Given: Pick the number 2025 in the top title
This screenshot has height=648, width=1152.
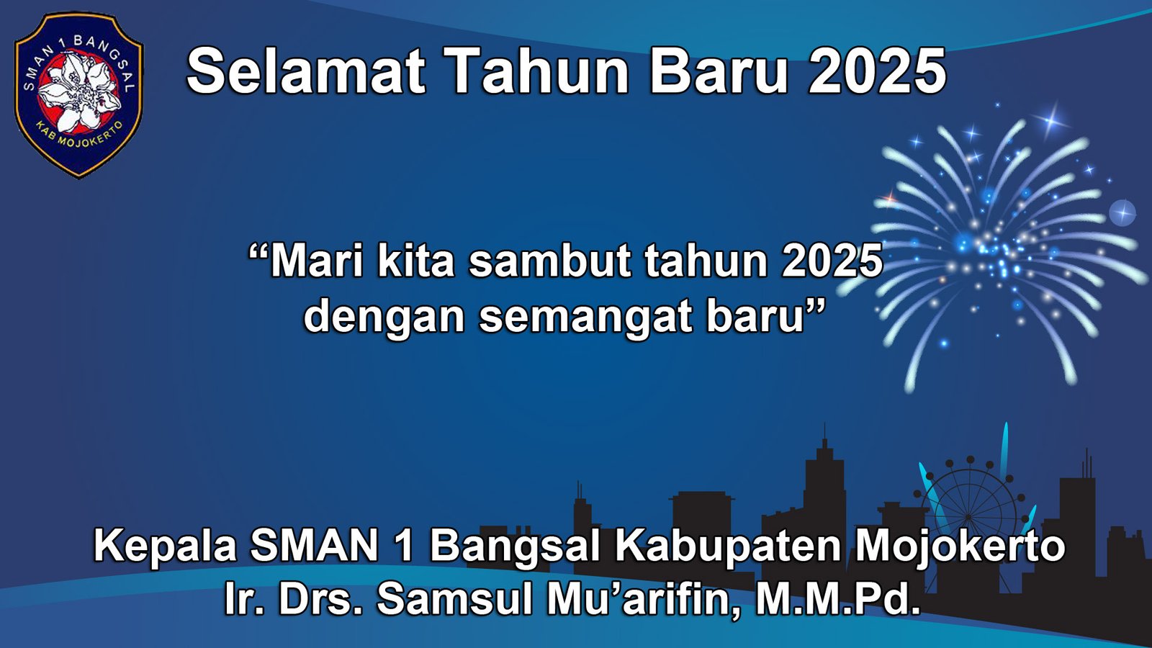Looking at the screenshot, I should tap(877, 71).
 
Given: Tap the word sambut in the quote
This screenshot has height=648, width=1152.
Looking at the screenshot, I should tap(551, 261).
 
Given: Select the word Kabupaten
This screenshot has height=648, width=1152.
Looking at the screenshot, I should tap(728, 545).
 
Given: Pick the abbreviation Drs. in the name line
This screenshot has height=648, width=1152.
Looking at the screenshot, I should tap(320, 598).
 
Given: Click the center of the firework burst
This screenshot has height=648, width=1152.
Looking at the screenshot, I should tap(997, 248).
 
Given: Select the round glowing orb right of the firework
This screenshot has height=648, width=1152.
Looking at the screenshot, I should tap(1122, 213).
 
